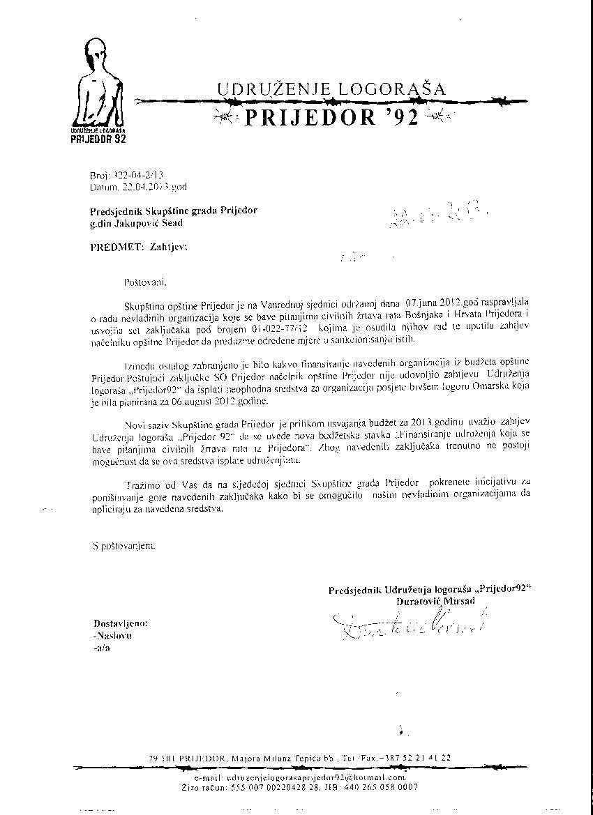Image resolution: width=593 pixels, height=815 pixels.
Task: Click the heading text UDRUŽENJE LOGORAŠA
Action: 331,89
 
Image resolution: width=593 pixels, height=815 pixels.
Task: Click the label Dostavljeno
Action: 120,623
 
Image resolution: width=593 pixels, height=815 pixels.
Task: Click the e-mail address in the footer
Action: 300,777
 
